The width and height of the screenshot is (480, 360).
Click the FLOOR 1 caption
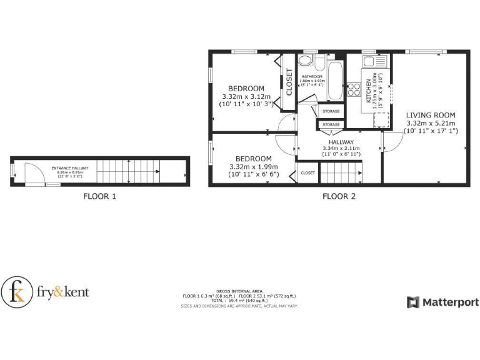coord(100,196)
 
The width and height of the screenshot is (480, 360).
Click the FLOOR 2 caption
coord(339,196)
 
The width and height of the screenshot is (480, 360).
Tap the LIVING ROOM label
coord(431,115)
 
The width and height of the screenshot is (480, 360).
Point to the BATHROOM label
coord(311,76)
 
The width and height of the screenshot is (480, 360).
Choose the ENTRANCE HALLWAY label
coord(70,168)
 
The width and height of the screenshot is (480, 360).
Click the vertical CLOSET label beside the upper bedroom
coord(289,82)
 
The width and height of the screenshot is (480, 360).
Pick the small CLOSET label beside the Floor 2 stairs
coord(307,172)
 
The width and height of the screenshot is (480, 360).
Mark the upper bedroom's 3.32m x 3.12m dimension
coord(246,97)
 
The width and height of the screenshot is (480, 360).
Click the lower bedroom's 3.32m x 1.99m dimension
coord(253,167)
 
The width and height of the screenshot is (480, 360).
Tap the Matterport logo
coord(443,302)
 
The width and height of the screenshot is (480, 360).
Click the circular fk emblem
coord(17,291)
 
